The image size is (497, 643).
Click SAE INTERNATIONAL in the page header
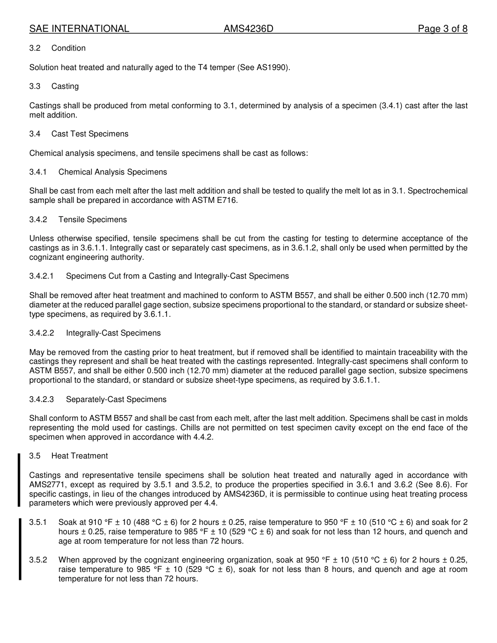click(x=79, y=29)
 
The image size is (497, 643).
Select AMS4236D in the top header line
click(x=248, y=29)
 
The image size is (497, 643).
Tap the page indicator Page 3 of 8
click(x=442, y=29)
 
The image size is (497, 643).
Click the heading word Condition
click(x=69, y=48)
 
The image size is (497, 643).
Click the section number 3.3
click(x=35, y=86)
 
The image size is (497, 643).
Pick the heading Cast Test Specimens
click(x=89, y=134)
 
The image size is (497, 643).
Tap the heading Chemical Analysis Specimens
click(x=112, y=172)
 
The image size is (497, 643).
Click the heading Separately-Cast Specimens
click(x=116, y=399)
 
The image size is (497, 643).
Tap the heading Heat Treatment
click(x=80, y=456)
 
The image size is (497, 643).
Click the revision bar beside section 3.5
click(x=19, y=480)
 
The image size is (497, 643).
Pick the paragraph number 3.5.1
click(x=38, y=522)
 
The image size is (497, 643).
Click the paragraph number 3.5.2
click(x=38, y=560)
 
